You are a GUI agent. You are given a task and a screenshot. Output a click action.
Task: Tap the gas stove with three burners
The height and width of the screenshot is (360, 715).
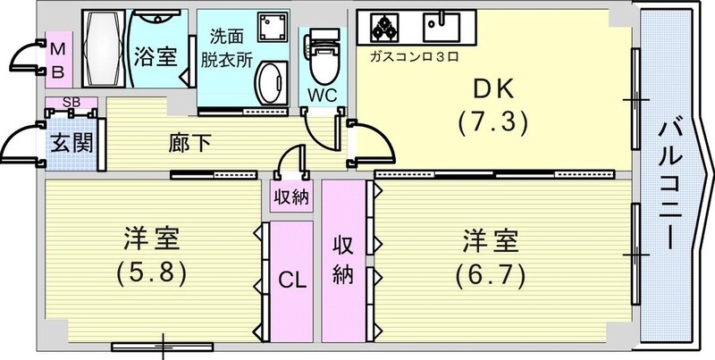point(385,29)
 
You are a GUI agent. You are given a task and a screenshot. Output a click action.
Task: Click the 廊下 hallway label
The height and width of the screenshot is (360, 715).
point(189,143)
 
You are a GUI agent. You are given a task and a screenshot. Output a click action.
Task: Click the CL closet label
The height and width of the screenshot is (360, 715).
point(291,280)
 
